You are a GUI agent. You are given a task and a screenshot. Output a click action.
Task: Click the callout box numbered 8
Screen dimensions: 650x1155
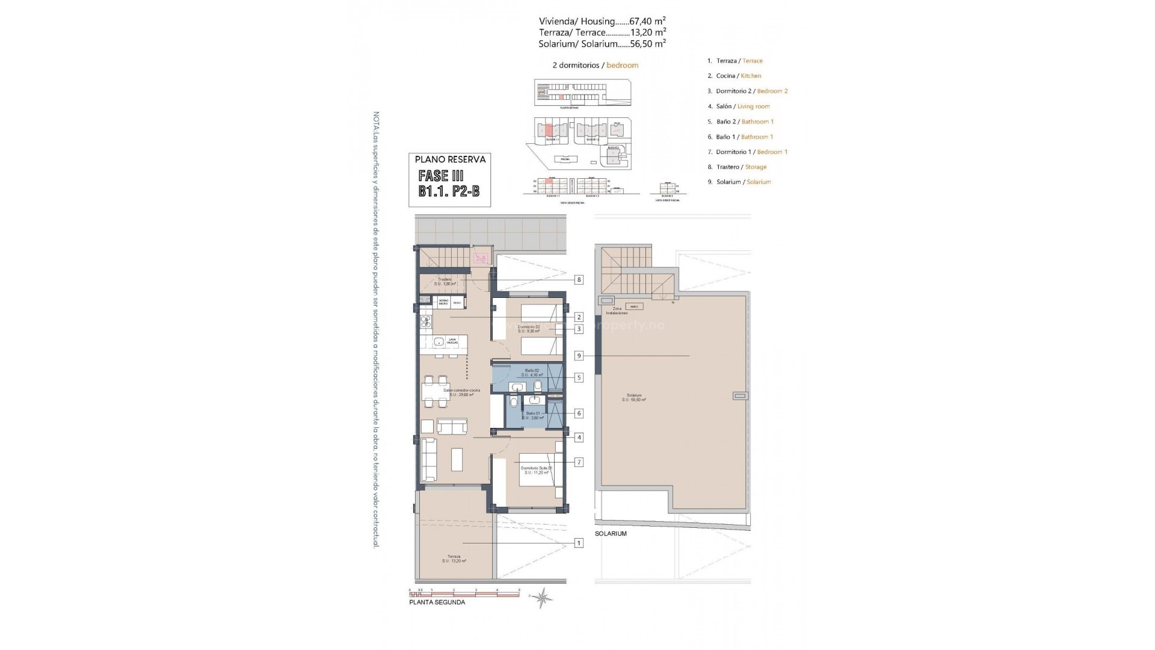click(579, 280)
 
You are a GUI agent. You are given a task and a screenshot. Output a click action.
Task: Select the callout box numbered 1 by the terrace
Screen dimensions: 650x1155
click(579, 543)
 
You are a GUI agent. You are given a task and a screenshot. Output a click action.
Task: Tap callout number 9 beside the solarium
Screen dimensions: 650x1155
click(579, 356)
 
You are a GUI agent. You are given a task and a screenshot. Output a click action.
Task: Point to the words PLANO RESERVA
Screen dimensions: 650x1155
click(450, 159)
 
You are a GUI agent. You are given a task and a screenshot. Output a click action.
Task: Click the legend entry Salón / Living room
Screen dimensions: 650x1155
click(742, 107)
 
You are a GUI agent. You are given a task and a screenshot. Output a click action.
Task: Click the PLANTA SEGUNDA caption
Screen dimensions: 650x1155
click(437, 602)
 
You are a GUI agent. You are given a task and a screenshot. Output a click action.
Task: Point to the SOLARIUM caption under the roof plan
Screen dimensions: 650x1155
click(611, 534)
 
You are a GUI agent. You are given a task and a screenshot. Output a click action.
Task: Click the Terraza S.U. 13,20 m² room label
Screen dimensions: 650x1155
click(454, 559)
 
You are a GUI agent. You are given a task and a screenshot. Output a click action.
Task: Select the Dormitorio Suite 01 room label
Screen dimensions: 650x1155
click(536, 470)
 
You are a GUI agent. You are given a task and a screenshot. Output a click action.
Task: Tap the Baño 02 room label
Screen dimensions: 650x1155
click(532, 373)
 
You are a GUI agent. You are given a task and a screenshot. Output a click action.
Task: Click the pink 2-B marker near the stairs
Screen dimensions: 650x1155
click(481, 259)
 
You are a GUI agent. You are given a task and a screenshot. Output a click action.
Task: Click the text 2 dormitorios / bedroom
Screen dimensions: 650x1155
click(595, 65)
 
